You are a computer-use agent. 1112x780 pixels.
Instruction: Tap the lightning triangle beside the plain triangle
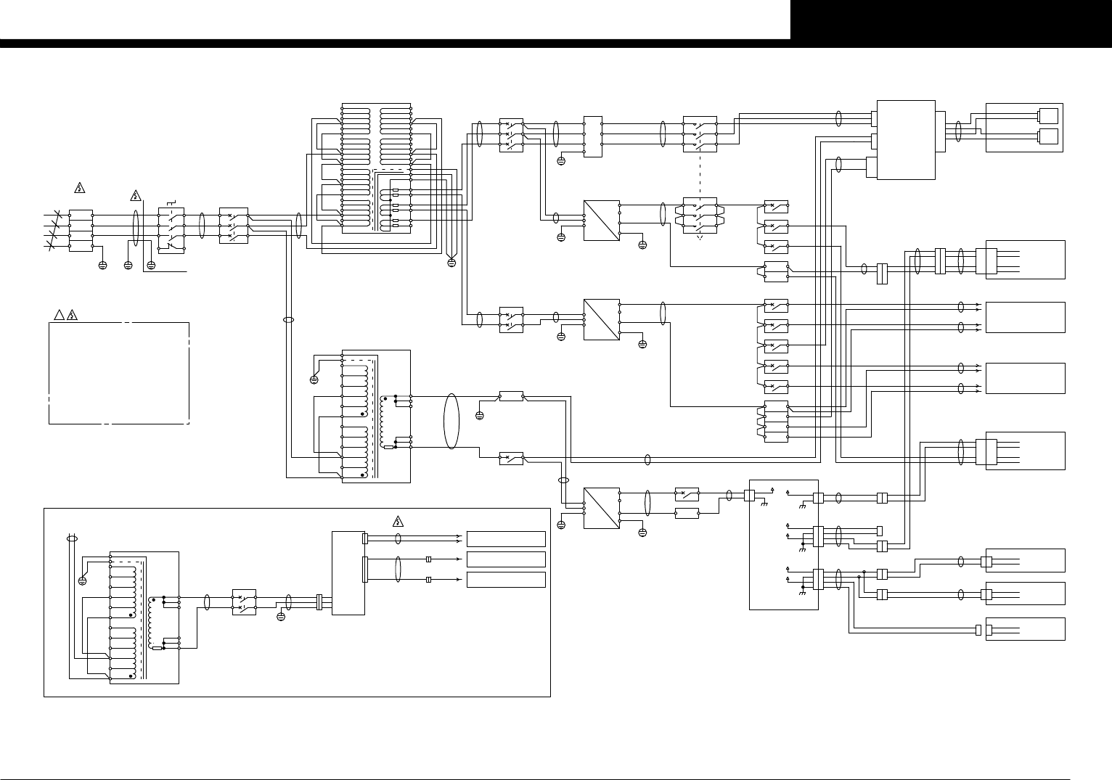point(72,316)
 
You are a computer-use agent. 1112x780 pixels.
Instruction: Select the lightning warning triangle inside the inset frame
point(398,520)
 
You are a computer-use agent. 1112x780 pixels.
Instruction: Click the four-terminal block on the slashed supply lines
point(81,231)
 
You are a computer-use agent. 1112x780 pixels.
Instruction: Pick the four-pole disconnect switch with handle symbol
point(171,229)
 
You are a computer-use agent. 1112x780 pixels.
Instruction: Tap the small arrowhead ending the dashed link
point(700,237)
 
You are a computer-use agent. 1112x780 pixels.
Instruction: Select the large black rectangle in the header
point(951,20)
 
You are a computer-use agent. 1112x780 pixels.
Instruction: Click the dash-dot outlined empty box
point(119,373)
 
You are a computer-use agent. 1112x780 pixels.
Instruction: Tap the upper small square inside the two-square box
point(1047,116)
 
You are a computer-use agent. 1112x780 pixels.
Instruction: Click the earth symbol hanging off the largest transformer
point(451,262)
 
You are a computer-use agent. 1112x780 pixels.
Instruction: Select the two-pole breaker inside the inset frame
point(244,602)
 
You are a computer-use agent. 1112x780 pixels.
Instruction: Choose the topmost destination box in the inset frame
point(506,538)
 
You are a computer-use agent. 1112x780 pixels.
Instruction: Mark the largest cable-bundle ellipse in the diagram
point(451,421)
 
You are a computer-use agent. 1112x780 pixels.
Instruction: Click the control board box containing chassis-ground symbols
point(783,544)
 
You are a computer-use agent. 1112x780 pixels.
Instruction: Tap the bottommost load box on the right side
point(1025,629)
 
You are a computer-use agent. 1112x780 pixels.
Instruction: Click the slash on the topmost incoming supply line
point(51,215)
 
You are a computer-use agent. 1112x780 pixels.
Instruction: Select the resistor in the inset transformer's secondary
point(158,649)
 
